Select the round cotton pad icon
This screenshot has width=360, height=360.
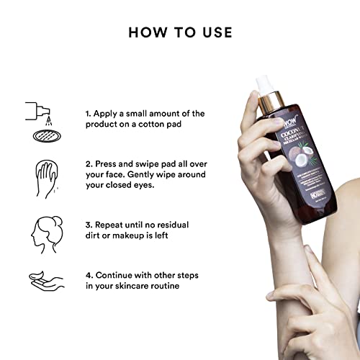point(38,136)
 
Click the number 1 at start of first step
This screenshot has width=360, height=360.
point(88,114)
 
